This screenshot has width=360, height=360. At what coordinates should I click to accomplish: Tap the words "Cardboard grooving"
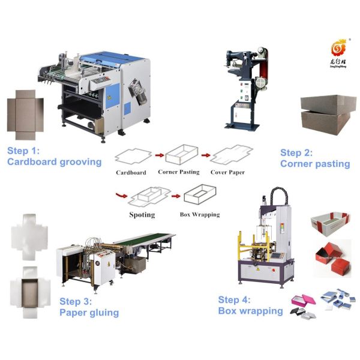click(53, 162)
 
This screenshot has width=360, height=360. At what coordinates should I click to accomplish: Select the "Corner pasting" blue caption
click(315, 163)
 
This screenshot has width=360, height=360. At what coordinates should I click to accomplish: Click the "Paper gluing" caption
click(89, 313)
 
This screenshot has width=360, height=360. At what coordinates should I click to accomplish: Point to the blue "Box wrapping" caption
click(250, 311)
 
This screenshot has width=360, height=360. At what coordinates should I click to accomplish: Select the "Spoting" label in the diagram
click(142, 214)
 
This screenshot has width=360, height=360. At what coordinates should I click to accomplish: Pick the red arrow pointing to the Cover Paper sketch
click(206, 155)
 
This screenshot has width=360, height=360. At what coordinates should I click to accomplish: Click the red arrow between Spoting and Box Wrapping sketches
click(175, 196)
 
